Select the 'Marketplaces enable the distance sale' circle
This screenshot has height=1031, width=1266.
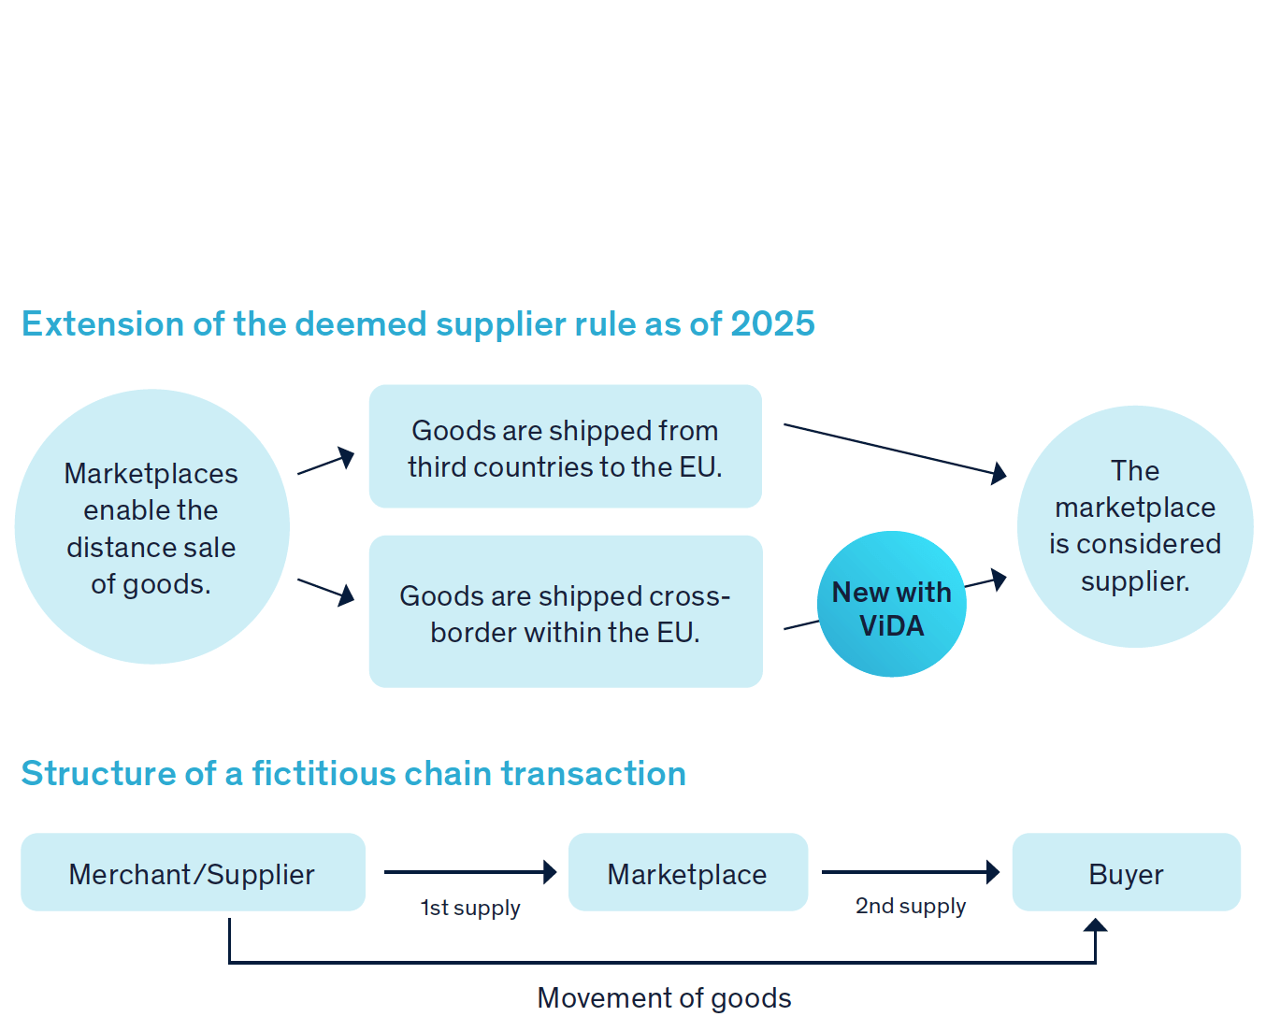click(x=151, y=527)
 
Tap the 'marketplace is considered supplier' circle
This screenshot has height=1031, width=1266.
click(x=1134, y=526)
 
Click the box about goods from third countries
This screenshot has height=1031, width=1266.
click(x=565, y=447)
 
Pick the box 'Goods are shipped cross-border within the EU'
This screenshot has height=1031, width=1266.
click(x=565, y=612)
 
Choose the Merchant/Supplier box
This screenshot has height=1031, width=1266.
click(x=193, y=873)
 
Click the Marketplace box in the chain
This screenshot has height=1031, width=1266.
click(x=687, y=873)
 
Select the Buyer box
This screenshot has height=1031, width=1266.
click(x=1126, y=873)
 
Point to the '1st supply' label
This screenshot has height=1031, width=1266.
click(x=470, y=908)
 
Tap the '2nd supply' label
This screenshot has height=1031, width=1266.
click(x=911, y=906)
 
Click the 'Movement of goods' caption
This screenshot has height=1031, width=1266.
click(x=664, y=998)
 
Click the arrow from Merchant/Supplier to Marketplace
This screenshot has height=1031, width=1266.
click(x=469, y=872)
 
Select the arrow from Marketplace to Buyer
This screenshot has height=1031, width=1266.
click(x=909, y=872)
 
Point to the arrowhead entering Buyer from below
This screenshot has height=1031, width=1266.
click(x=1095, y=925)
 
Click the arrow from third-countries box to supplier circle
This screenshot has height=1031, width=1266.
click(x=894, y=450)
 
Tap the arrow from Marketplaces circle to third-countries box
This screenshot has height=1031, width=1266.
click(x=326, y=461)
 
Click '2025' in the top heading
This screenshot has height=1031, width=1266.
click(x=772, y=324)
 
